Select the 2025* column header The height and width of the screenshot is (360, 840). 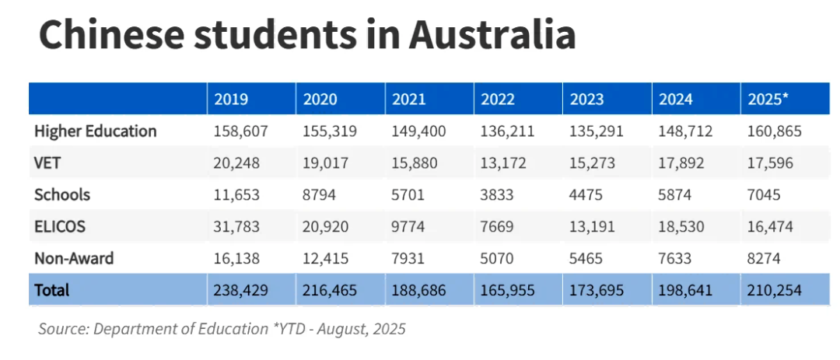click(768, 99)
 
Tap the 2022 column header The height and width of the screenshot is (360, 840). click(498, 99)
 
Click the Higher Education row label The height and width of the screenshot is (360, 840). click(95, 131)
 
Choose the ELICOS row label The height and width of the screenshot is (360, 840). click(59, 226)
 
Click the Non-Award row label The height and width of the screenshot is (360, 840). click(73, 258)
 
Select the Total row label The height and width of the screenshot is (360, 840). click(51, 290)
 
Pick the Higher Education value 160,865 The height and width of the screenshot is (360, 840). click(774, 131)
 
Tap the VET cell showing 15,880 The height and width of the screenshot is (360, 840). click(415, 163)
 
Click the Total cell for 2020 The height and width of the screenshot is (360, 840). click(329, 290)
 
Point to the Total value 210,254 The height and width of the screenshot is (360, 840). click(774, 290)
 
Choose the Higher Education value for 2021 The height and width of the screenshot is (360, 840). click(418, 131)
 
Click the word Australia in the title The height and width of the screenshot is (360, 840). click(492, 34)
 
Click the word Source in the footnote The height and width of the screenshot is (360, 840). click(63, 329)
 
